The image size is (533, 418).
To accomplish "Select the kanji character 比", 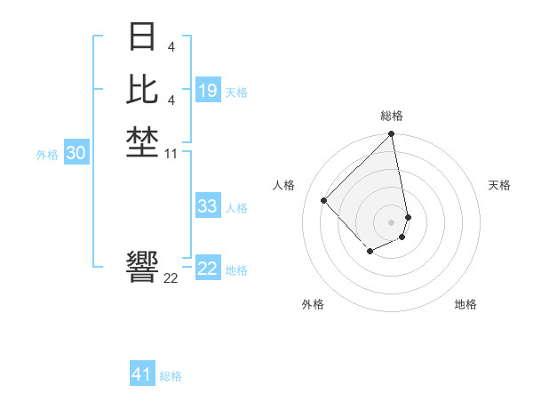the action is pos(143,90).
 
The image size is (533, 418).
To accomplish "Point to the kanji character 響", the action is pos(143,266).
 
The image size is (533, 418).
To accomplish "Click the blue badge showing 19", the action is pos(208,91).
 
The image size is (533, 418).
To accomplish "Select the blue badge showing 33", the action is pos(208,206).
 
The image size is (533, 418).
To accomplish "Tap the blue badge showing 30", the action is pos(76,153).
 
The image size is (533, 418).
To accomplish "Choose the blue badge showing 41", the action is pos(142,374).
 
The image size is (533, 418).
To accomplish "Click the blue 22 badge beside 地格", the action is pos(208,269).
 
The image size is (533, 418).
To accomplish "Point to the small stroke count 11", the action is pos(171,155).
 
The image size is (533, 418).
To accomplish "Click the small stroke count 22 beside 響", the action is pos(171,277).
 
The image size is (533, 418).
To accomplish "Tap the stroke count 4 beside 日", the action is pos(171,46).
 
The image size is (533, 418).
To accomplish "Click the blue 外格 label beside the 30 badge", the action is pos(47,155).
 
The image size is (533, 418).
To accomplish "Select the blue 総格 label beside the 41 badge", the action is pos(171,376).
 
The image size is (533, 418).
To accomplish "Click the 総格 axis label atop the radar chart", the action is pos(392,116).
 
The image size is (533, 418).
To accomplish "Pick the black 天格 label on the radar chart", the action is pos(499,185).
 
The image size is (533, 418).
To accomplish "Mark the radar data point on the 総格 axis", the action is pos(392,134).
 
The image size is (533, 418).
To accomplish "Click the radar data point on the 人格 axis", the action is pos(324,200).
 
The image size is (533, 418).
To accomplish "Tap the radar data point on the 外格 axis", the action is pos(370,253).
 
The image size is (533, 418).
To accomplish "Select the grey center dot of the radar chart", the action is pos(392,221).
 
